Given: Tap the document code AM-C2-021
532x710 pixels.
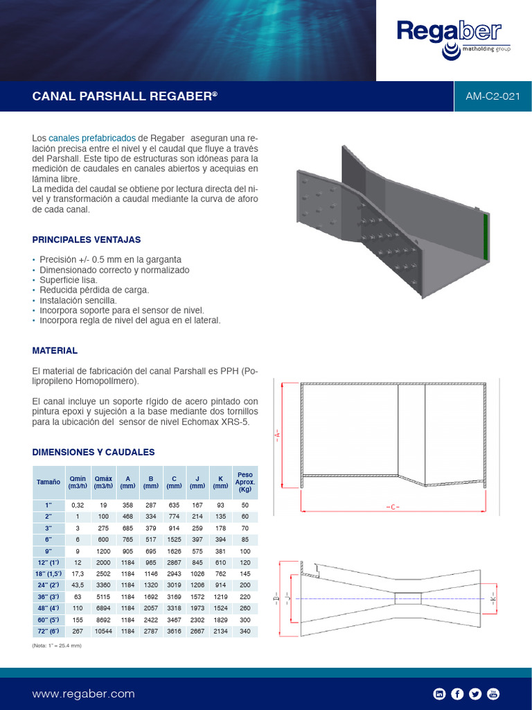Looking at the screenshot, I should click(493, 96).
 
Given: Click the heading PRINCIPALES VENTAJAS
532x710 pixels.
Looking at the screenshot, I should click(87, 240).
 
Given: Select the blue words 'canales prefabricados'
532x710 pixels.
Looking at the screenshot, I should click(92, 139).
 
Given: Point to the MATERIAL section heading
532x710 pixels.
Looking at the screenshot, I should click(55, 351).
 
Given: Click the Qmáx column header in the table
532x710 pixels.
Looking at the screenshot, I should click(103, 482).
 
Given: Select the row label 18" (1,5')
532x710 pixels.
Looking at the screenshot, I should click(48, 575).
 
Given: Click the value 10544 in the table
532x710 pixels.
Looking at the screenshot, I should click(103, 632).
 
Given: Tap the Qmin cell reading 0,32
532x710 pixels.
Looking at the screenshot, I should click(78, 505).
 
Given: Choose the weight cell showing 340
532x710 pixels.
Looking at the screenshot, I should click(245, 632).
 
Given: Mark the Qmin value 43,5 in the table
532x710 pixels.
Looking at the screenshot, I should click(78, 587).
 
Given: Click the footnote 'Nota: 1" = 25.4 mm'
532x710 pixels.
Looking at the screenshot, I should click(57, 646).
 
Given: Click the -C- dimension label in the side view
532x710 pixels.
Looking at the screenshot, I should click(393, 507).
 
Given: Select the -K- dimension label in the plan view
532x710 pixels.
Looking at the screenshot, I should click(493, 597).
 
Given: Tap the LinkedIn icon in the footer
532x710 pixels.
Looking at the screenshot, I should click(438, 693).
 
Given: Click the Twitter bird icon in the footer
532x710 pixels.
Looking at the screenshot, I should click(475, 693).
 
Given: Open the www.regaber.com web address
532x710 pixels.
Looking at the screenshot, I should click(83, 693).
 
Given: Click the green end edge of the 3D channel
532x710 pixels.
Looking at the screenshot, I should click(486, 236).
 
